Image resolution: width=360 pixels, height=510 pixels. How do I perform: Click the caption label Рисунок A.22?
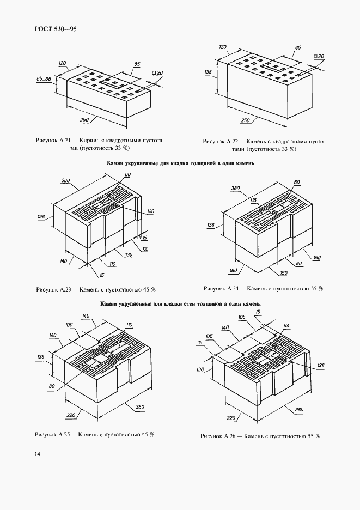tap(219, 141)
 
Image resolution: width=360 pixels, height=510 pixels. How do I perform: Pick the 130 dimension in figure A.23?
tap(129, 255)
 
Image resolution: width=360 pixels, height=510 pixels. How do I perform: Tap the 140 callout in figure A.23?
tap(151, 211)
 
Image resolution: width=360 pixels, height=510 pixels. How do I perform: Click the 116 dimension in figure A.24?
tap(253, 201)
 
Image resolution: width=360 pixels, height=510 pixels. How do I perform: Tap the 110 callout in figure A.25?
tap(129, 325)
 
